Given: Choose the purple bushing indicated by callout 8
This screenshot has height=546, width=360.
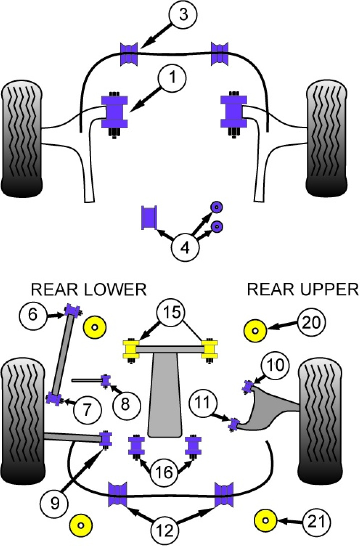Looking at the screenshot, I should pos(106,380).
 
